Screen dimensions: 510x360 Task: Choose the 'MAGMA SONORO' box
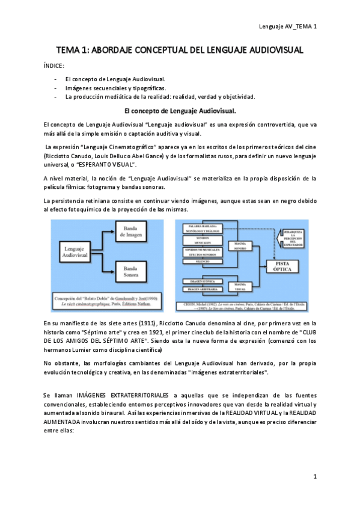(x=239, y=244)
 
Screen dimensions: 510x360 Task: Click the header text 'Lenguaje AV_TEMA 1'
(x=288, y=26)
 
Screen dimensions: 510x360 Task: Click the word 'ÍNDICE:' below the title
(x=55, y=66)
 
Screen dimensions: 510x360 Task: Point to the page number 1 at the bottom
(x=314, y=476)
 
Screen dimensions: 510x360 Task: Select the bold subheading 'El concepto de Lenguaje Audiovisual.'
(x=180, y=111)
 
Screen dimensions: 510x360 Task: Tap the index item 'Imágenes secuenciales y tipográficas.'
(x=116, y=88)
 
